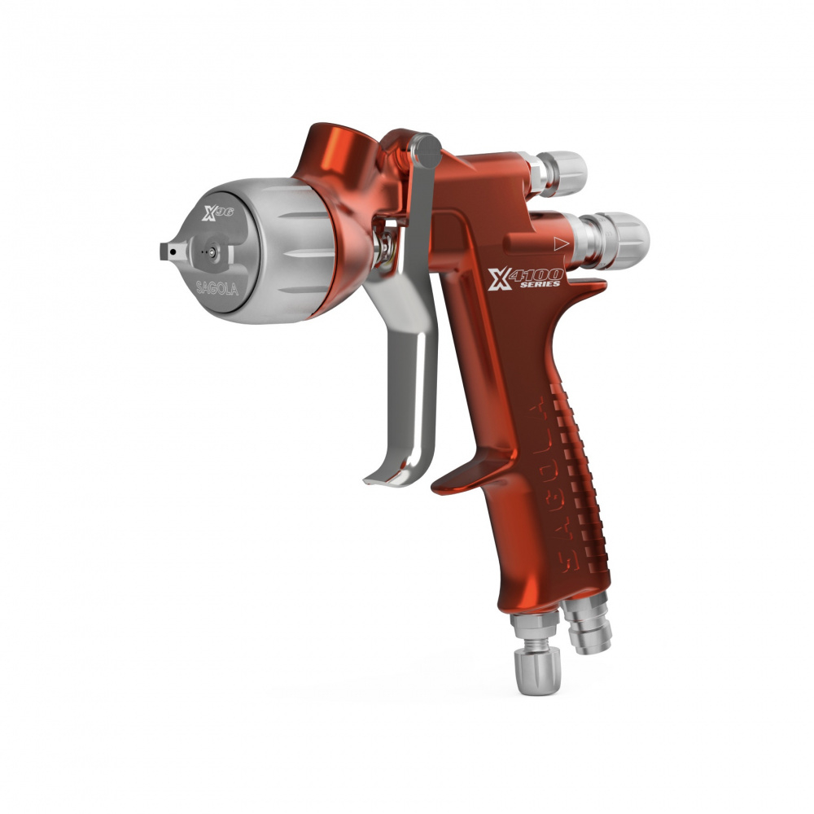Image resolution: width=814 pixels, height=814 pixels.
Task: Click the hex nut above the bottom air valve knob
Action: coord(533,629)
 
